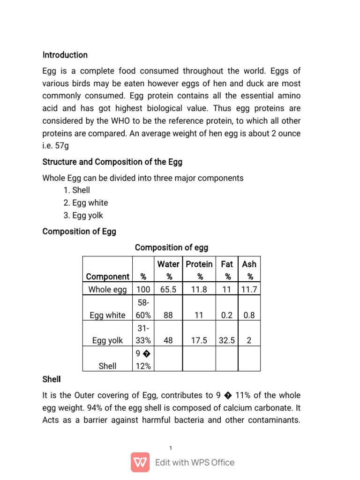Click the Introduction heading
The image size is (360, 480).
pos(65,55)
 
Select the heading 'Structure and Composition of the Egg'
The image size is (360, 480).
pos(112,162)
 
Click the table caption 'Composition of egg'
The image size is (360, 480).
pos(171,247)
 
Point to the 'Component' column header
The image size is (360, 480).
pos(107,277)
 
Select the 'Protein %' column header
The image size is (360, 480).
pos(199,270)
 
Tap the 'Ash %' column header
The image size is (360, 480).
pos(249,270)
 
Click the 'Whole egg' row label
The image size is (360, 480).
pos(107,290)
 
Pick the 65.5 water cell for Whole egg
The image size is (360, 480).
pos(168,290)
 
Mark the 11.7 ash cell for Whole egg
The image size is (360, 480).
pos(249,290)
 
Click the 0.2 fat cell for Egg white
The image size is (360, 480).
pos(226,315)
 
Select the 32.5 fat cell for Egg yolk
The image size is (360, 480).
pos(226,341)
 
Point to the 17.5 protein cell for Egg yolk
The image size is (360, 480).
pos(199,341)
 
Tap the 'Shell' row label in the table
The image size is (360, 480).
pos(107,366)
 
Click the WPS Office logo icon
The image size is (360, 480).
pos(140,462)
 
